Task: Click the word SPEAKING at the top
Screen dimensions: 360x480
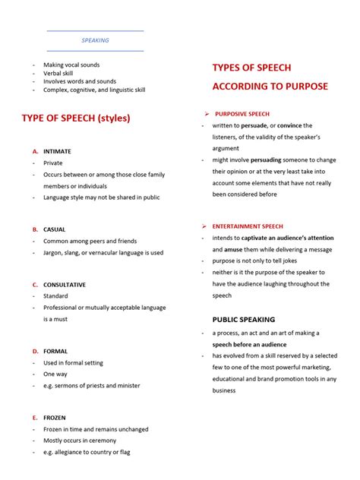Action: click(x=95, y=40)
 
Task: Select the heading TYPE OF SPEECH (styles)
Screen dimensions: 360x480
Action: click(x=76, y=118)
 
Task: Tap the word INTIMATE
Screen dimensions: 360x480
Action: click(x=57, y=151)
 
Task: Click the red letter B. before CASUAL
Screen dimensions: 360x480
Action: click(x=35, y=229)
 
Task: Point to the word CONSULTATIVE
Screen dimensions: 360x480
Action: click(x=65, y=285)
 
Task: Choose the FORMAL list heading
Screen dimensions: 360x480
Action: click(x=55, y=352)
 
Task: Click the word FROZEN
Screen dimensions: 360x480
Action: click(x=55, y=418)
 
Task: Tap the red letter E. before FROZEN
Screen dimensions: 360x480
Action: click(x=35, y=418)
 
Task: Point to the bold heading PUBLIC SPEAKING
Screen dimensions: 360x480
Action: click(x=243, y=320)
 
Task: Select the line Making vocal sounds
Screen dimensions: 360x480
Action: click(x=71, y=65)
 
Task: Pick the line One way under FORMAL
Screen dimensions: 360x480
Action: click(x=55, y=374)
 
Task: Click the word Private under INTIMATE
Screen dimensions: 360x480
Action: click(x=53, y=163)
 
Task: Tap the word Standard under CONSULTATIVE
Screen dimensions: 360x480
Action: click(x=55, y=296)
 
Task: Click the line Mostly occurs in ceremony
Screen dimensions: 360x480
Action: click(x=80, y=441)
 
